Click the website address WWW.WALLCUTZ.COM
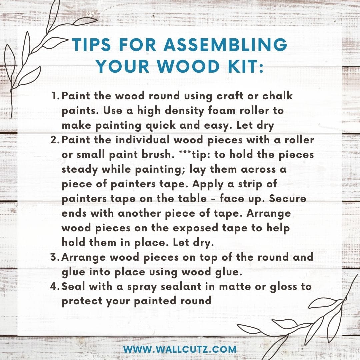point(180,349)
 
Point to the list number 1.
point(56,96)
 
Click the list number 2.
point(55,140)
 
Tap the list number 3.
point(55,257)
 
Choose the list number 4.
point(55,286)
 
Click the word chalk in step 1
point(277,96)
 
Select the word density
point(184,111)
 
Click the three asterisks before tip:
point(184,152)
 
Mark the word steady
point(80,170)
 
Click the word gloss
point(283,287)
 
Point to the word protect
point(82,301)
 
